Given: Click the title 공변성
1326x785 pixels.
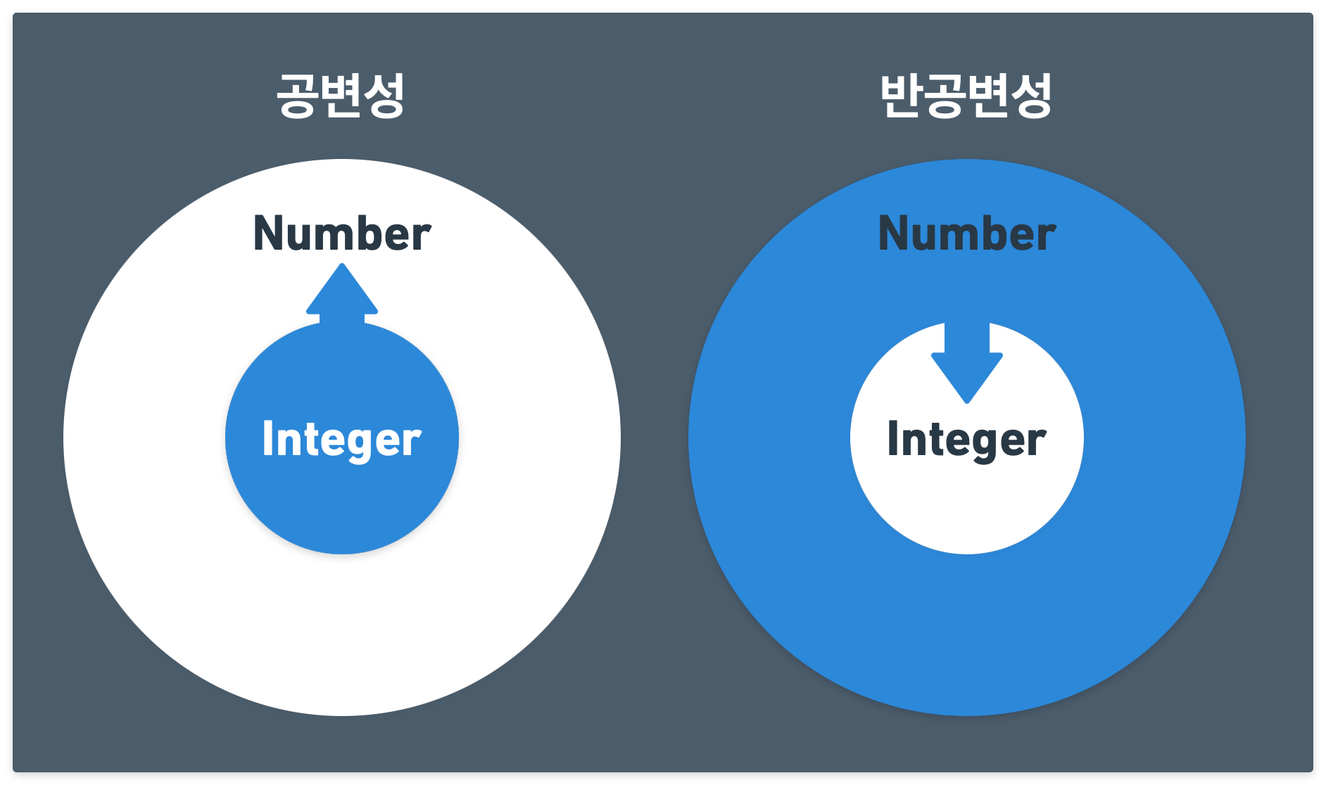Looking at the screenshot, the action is click(341, 95).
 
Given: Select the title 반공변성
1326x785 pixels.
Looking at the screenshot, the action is click(966, 95).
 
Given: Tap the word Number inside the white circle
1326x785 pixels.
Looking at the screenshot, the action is click(342, 234).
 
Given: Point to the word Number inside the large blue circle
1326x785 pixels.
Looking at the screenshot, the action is click(967, 234).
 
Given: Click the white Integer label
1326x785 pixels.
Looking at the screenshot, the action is click(342, 440).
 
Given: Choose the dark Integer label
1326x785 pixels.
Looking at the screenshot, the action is click(967, 440).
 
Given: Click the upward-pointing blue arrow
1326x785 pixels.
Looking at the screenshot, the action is click(342, 294).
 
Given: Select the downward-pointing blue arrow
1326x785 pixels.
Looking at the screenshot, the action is click(967, 363).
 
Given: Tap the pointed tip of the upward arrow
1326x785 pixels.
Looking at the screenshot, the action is click(342, 264).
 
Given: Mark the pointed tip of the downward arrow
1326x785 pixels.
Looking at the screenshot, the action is click(967, 403).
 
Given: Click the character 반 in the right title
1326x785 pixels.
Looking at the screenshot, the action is click(902, 95).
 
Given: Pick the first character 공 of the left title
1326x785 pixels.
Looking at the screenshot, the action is click(297, 96).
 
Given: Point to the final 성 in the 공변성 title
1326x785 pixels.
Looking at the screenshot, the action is click(384, 96).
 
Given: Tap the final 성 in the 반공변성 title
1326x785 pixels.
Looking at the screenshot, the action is click(1032, 96).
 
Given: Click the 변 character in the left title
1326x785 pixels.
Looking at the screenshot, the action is click(341, 95).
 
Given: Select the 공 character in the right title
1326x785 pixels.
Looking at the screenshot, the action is click(945, 96).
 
